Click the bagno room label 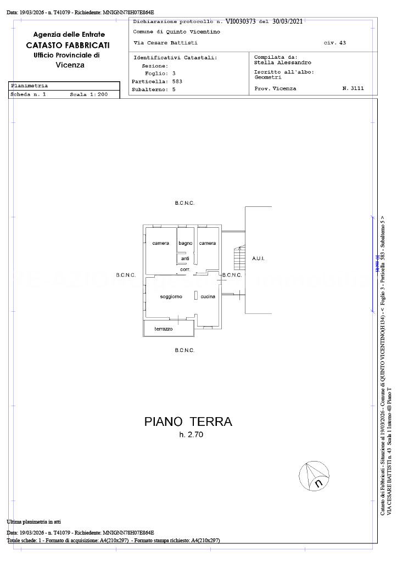(x=185, y=243)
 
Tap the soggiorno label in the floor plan (x=171, y=296)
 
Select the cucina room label (x=208, y=296)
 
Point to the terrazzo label (x=163, y=329)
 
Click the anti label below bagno (x=185, y=258)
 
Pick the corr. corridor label (x=185, y=269)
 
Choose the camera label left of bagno (x=161, y=243)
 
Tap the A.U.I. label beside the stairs (x=259, y=258)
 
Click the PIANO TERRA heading (x=188, y=421)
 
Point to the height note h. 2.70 (x=189, y=435)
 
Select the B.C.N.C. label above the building (x=184, y=203)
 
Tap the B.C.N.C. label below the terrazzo (x=184, y=350)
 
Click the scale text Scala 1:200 (x=88, y=94)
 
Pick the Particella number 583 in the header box (x=177, y=81)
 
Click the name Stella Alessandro (x=283, y=63)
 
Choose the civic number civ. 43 (x=335, y=42)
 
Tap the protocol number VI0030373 (x=241, y=22)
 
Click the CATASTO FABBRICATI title (x=68, y=45)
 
